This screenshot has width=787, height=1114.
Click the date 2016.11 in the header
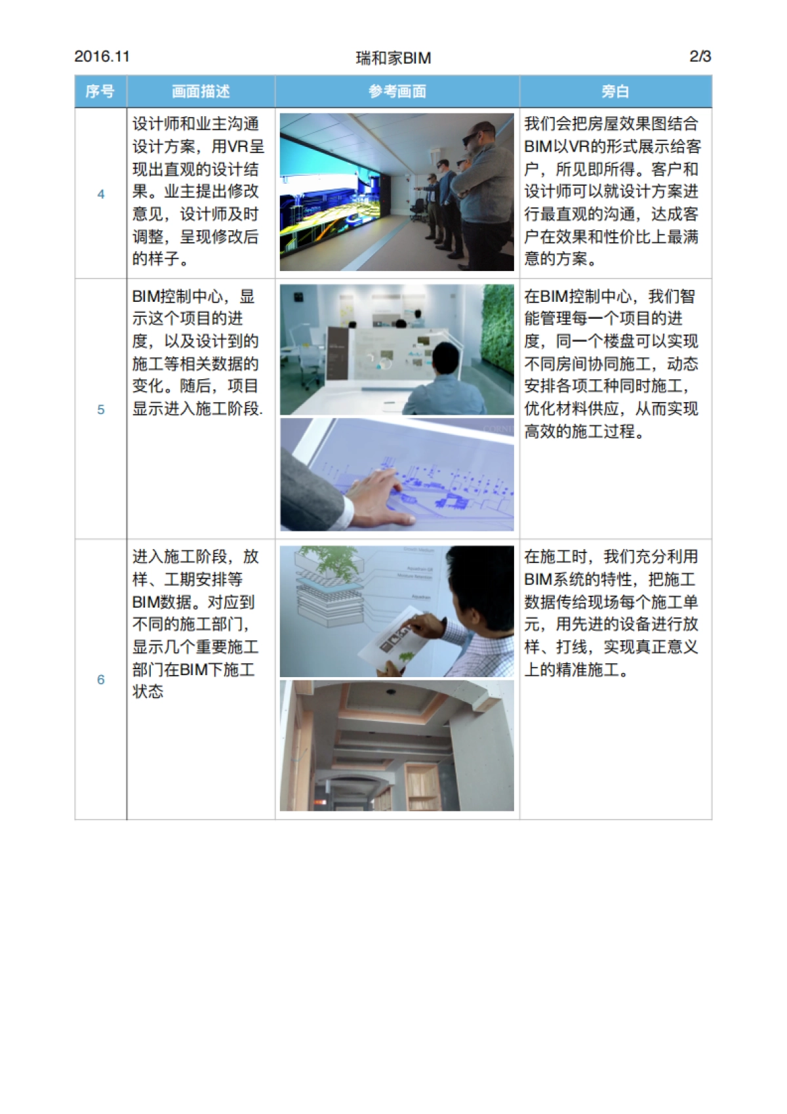(102, 56)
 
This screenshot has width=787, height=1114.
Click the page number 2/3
(700, 56)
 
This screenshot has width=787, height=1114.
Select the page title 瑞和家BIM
(393, 58)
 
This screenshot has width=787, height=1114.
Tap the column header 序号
(100, 91)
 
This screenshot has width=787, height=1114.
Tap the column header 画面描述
(201, 91)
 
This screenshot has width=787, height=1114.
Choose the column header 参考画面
(397, 91)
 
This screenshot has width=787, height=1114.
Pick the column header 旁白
(615, 91)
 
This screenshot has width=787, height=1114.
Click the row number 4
(101, 194)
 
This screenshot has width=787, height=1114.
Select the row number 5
(101, 410)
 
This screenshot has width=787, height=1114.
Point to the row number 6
(101, 680)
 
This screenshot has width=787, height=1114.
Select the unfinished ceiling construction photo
(397, 745)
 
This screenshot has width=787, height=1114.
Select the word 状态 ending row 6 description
(148, 692)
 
